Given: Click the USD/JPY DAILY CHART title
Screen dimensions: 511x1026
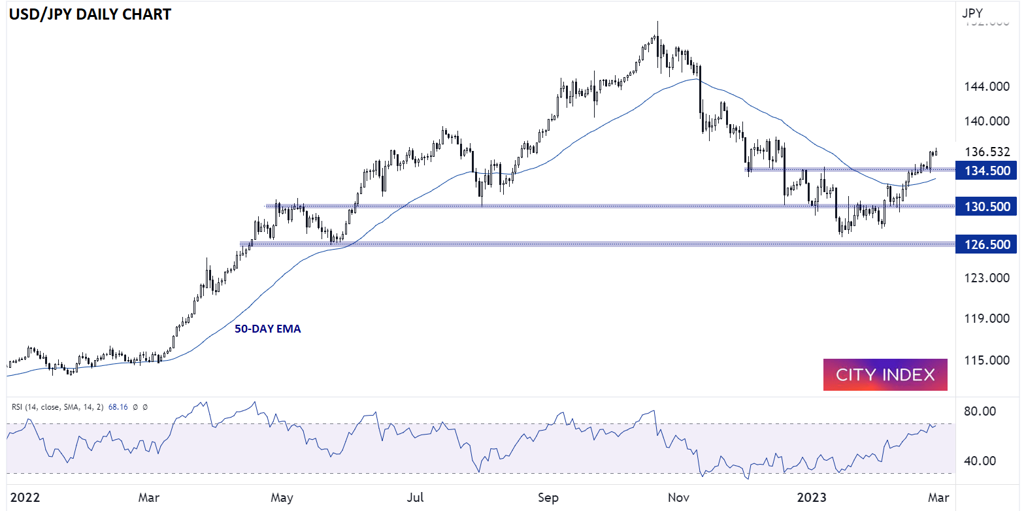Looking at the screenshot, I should pyautogui.click(x=90, y=14).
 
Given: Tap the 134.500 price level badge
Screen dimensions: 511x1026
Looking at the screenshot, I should pyautogui.click(x=986, y=171).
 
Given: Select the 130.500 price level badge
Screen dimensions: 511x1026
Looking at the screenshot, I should pyautogui.click(x=986, y=206).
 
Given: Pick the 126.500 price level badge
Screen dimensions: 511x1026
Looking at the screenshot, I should pyautogui.click(x=986, y=244).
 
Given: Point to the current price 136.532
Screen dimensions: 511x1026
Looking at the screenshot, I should pyautogui.click(x=987, y=152).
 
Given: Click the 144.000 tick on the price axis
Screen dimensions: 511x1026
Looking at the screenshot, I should pyautogui.click(x=987, y=86).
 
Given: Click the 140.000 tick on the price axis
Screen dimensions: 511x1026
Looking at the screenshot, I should pyautogui.click(x=987, y=121).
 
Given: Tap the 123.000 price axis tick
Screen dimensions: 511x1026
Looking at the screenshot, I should pyautogui.click(x=987, y=278).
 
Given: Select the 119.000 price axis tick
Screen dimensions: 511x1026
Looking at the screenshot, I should pyautogui.click(x=987, y=318).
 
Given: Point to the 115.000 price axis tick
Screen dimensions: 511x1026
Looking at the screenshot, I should pyautogui.click(x=987, y=360).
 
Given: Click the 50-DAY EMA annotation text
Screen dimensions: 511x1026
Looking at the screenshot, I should pyautogui.click(x=267, y=329).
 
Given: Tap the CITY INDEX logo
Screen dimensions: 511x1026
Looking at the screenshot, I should pyautogui.click(x=885, y=374).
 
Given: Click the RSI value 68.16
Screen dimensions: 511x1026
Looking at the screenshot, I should pyautogui.click(x=118, y=407).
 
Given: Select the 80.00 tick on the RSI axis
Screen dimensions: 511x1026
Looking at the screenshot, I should pyautogui.click(x=980, y=411).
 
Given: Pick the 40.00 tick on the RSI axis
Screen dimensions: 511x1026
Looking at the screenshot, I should pyautogui.click(x=980, y=461).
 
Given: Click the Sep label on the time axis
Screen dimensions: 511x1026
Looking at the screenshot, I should pyautogui.click(x=548, y=497).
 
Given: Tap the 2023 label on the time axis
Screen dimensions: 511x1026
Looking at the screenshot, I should pyautogui.click(x=811, y=497).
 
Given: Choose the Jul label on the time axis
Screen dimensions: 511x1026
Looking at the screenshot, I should pyautogui.click(x=415, y=497).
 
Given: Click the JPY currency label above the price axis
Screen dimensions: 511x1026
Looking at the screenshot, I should pyautogui.click(x=972, y=13).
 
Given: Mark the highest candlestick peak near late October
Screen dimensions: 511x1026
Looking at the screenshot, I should pyautogui.click(x=657, y=24).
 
